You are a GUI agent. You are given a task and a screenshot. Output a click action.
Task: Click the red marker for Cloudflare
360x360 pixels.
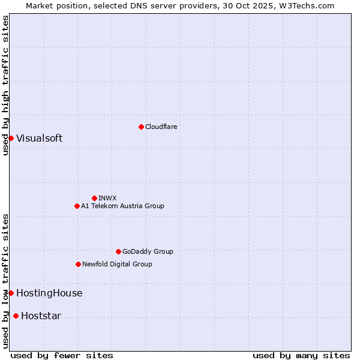[141, 127]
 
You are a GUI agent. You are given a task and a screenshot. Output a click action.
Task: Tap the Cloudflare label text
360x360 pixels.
[161, 127]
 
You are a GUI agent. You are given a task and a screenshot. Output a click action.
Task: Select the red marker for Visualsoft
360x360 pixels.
[11, 138]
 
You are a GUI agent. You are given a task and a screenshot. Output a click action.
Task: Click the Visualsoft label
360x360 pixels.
[39, 138]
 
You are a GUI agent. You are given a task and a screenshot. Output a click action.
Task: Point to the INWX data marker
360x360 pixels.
[94, 198]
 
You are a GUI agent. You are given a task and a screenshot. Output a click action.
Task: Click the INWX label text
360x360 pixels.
[107, 198]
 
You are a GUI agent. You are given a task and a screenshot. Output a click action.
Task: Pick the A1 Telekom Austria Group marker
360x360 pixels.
[77, 206]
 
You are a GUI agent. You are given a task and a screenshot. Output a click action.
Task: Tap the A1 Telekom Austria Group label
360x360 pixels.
[122, 206]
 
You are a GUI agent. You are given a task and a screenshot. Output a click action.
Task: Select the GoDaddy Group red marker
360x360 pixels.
[118, 251]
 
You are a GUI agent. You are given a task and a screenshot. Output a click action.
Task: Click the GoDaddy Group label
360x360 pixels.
[148, 251]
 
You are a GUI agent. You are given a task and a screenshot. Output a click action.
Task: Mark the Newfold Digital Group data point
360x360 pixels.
[78, 264]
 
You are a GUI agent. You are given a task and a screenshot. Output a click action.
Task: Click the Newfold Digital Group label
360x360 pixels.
[117, 264]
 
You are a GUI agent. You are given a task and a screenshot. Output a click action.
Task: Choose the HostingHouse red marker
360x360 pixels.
[11, 293]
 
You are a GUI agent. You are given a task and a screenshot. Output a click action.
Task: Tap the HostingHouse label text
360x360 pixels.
[49, 293]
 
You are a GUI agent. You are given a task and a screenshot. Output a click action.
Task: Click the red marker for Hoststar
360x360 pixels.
[16, 316]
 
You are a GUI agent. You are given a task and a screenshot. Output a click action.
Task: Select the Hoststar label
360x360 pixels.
[41, 316]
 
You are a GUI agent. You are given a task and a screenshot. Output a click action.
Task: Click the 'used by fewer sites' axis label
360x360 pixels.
[62, 355]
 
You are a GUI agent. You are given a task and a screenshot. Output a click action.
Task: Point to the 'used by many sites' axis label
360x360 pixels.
[301, 355]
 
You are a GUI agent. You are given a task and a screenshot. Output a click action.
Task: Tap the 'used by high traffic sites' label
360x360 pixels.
[5, 85]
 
